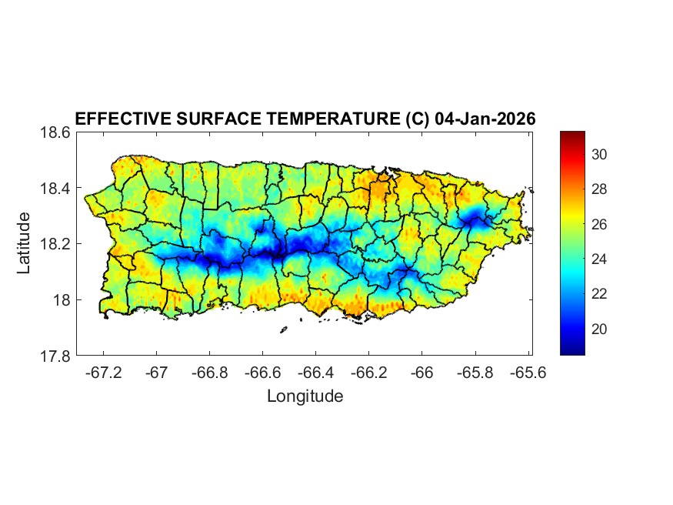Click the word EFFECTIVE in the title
click(118, 119)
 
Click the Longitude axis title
click(305, 396)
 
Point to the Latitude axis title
click(24, 243)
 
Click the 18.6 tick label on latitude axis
click(55, 132)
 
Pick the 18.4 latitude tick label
click(55, 189)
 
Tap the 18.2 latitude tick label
click(55, 244)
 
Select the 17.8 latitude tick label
click(55, 356)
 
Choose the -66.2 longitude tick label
click(368, 373)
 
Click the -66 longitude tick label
click(421, 373)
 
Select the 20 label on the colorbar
click(600, 329)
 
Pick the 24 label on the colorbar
click(600, 259)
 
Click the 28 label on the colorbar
click(600, 189)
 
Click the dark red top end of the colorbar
click(572, 135)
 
